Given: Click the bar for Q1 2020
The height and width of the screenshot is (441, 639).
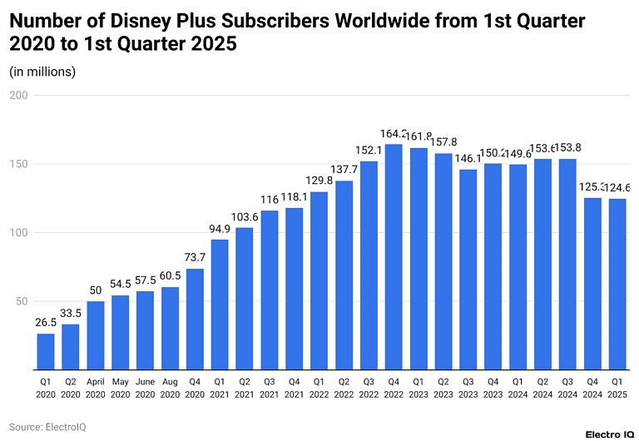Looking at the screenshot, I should [x=46, y=351].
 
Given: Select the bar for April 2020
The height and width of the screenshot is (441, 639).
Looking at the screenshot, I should [x=96, y=334].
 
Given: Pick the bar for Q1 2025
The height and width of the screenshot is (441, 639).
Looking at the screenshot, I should [x=617, y=283].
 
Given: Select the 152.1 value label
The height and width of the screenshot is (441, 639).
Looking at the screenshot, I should [x=369, y=151].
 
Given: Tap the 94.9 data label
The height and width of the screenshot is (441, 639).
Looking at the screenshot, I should [x=220, y=230].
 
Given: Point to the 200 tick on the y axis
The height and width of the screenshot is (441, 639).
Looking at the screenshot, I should [x=19, y=96].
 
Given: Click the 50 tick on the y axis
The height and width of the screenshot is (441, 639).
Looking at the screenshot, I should [x=22, y=300].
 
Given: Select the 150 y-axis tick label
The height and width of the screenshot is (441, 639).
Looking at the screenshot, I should [x=19, y=164].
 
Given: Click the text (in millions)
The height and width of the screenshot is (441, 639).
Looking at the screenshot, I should [x=42, y=72].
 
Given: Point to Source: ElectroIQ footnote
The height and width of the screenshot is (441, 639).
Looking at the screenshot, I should [x=47, y=427].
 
